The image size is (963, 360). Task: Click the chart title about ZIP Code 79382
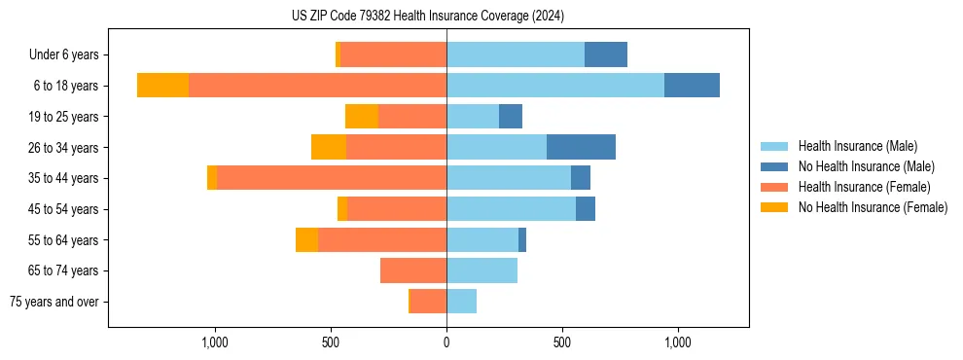coord(427,16)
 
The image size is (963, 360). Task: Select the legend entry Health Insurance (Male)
coord(857,146)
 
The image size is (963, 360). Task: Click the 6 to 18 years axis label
coord(65,86)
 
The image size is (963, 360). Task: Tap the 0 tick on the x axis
coord(446,342)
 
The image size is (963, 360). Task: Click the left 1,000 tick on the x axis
coord(214,342)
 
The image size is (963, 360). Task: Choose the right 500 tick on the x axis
coord(562,342)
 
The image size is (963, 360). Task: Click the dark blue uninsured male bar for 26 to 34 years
coord(581,147)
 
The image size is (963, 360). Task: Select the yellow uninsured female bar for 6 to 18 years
coord(162,86)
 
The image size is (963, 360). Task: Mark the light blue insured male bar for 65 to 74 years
coord(481,270)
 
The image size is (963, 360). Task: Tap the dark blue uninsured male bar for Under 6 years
coord(606,54)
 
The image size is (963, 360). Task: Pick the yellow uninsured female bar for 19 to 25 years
coord(362,117)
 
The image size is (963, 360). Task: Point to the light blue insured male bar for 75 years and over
coord(461,302)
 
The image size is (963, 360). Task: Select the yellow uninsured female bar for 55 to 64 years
coord(306,239)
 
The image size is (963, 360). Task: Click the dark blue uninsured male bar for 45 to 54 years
coord(586,209)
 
